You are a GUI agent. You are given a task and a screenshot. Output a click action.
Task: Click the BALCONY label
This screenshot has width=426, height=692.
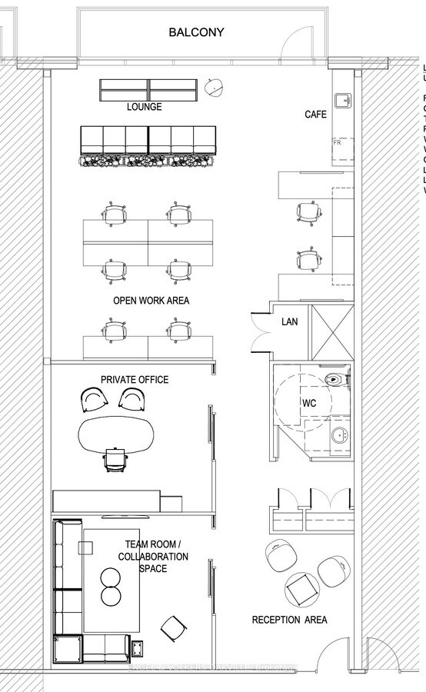(196, 32)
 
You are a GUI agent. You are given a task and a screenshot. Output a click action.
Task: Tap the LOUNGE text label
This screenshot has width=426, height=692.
(145, 107)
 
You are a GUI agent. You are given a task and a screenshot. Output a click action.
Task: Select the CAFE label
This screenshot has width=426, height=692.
(315, 115)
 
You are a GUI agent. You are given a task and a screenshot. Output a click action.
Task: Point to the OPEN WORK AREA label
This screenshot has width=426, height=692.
(151, 300)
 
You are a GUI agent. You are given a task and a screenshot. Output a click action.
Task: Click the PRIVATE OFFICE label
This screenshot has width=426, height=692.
(135, 380)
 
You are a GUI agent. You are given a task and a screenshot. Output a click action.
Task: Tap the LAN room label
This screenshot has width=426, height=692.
(290, 321)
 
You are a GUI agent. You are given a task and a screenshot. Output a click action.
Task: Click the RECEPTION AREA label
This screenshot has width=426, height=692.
(290, 620)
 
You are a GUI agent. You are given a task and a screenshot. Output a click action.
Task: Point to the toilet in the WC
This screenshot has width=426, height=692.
(336, 379)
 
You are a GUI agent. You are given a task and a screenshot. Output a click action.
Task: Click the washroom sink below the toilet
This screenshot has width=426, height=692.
(338, 435)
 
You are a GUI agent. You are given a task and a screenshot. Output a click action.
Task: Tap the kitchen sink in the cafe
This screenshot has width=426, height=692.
(342, 101)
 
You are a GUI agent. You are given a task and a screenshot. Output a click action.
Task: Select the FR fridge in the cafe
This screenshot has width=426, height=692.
(338, 143)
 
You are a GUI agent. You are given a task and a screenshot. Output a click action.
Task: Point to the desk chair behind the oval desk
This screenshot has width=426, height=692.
(113, 460)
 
